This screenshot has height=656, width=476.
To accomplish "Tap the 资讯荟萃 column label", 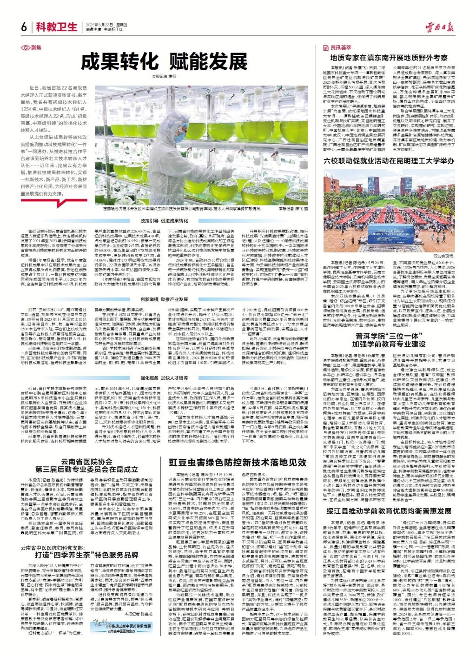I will (x=337, y=47).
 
